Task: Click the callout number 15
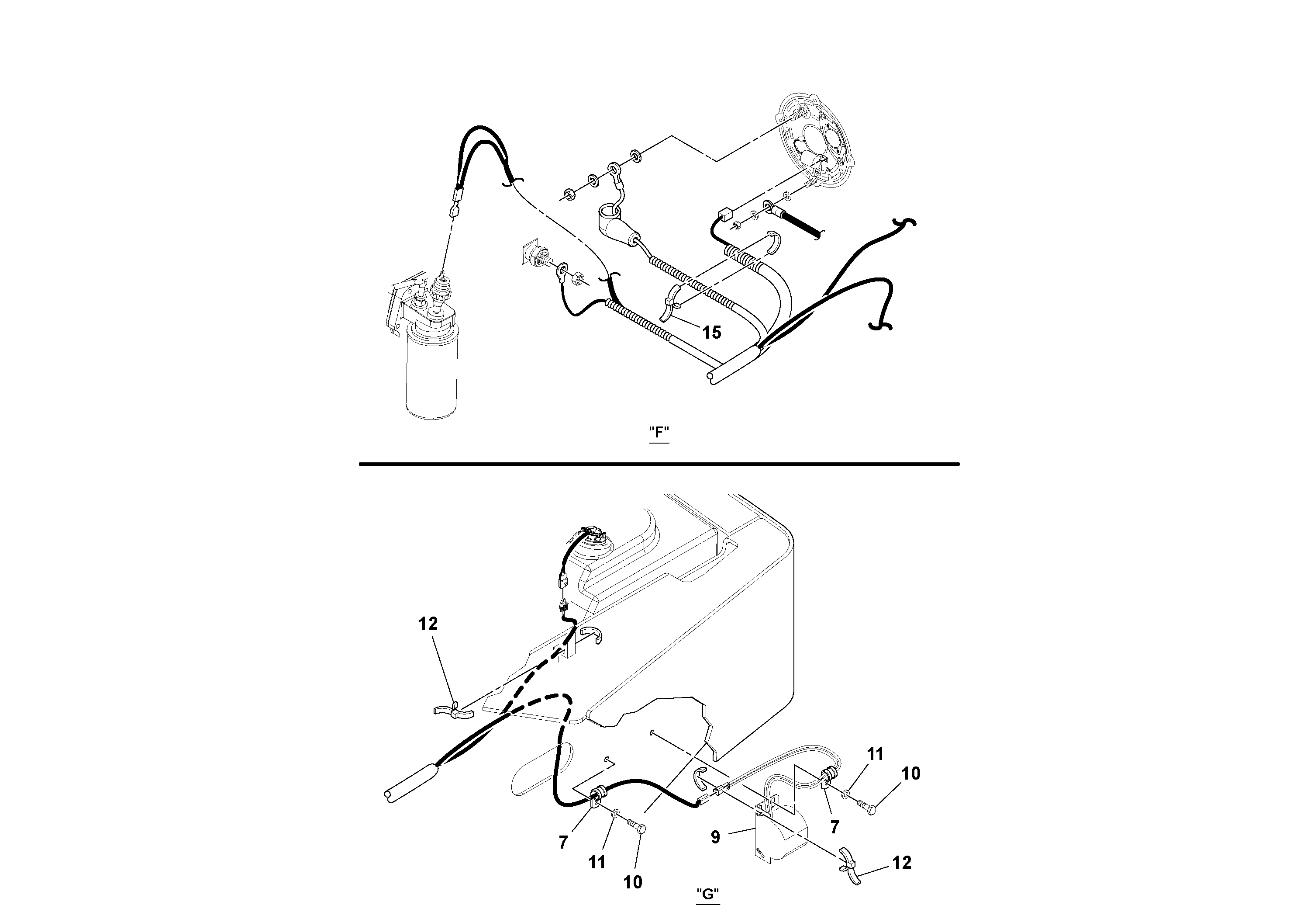(712, 333)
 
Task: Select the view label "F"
(659, 432)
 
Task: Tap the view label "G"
(708, 894)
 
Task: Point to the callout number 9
(716, 837)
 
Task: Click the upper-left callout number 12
(428, 624)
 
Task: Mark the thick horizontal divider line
(659, 464)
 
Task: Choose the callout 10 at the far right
(910, 773)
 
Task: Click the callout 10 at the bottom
(633, 882)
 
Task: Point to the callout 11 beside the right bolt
(876, 754)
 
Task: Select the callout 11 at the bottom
(597, 862)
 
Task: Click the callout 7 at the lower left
(563, 843)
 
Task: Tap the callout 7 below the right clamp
(834, 827)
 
